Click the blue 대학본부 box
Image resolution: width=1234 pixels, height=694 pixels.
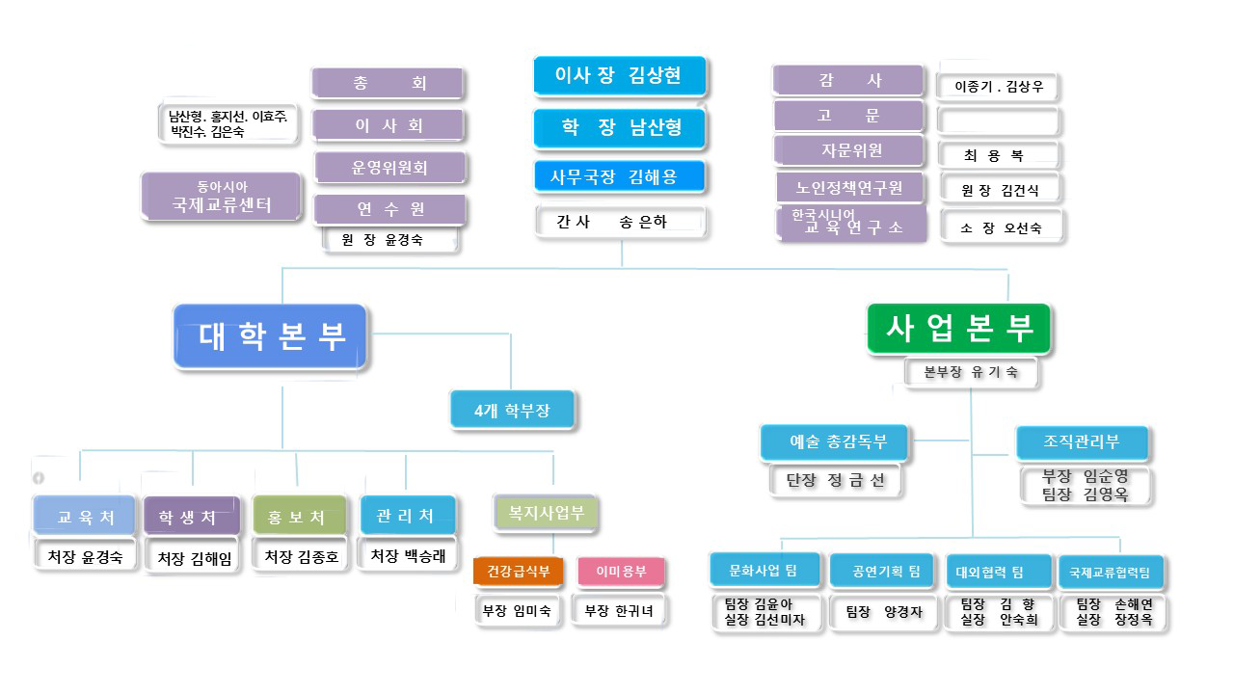coord(271,335)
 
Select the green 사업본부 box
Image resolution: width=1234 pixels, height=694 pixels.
coord(958,329)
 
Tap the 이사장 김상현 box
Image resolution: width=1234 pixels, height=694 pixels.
coord(619,75)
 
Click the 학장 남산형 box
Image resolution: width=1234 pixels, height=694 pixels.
coord(620,127)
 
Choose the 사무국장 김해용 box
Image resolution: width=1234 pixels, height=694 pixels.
coord(620,177)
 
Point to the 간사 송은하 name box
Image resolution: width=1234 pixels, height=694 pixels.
coord(620,222)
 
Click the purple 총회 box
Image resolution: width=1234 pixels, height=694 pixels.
coord(388,84)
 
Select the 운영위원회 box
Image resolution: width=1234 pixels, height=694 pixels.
coord(389,168)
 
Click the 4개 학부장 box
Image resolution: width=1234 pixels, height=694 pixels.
coord(512,410)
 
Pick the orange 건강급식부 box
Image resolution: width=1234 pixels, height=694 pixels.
coord(518,572)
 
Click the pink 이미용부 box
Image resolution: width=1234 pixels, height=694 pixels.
coord(621,572)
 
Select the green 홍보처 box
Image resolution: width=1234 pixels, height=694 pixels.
coord(299,517)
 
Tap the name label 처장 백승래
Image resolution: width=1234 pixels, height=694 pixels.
coord(408,556)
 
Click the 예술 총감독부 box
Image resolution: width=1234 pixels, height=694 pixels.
coord(836,442)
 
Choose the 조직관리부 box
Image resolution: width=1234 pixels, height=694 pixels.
coord(1082,442)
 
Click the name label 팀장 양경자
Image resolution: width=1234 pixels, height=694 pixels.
coord(884,611)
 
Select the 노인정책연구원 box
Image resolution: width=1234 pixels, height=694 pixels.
coord(849,188)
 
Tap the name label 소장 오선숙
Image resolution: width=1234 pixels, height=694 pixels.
coord(1001,228)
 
